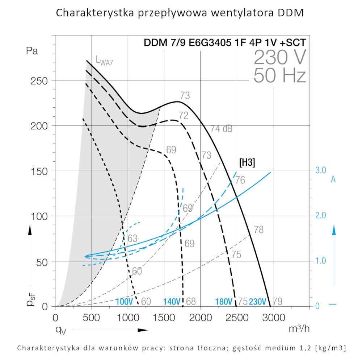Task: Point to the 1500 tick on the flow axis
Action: pyautogui.click(x=164, y=317)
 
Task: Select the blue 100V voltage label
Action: pyautogui.click(x=125, y=301)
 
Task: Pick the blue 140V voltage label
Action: pyautogui.click(x=172, y=301)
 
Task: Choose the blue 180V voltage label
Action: pyautogui.click(x=224, y=301)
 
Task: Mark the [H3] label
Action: pyautogui.click(x=247, y=163)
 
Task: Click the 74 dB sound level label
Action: pyautogui.click(x=221, y=128)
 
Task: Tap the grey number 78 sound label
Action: pyautogui.click(x=258, y=229)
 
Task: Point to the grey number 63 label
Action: pyautogui.click(x=132, y=238)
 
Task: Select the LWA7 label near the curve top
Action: pyautogui.click(x=105, y=60)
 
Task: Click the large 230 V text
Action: pyautogui.click(x=280, y=57)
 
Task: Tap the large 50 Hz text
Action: pyautogui.click(x=280, y=76)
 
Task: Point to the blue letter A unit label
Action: pyautogui.click(x=333, y=179)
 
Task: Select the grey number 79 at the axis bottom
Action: pyautogui.click(x=278, y=301)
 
